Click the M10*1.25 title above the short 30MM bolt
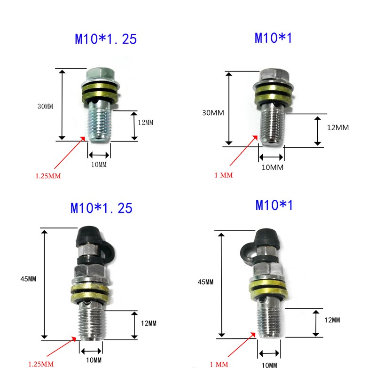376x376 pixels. (106, 39)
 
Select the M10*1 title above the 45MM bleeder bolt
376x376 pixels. (274, 205)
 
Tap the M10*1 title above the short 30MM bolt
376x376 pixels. (273, 38)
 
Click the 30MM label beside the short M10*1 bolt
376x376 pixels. (212, 113)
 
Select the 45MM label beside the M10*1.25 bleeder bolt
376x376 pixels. (29, 279)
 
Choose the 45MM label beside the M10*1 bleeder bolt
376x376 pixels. (206, 282)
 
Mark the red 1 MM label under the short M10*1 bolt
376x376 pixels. (224, 175)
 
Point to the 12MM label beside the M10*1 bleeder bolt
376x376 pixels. (332, 320)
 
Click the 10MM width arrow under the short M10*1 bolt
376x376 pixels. (271, 157)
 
